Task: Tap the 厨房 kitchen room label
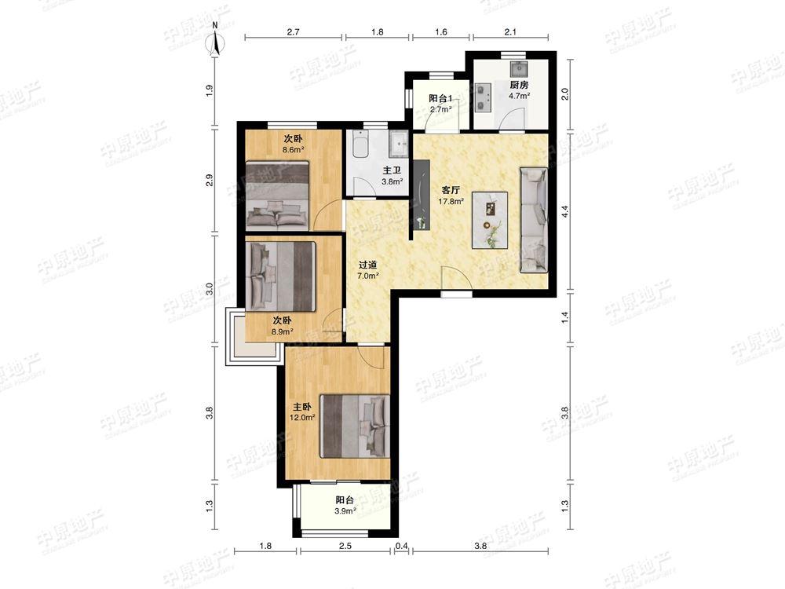click(519, 85)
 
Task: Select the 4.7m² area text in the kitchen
click(519, 96)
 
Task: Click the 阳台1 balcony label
click(440, 98)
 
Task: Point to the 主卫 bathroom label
click(392, 171)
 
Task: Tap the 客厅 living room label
click(451, 191)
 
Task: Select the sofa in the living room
click(534, 221)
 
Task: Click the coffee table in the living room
click(490, 221)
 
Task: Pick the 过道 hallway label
click(367, 265)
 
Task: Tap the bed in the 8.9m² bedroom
click(281, 276)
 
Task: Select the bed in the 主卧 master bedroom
click(355, 426)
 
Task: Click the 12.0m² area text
click(302, 417)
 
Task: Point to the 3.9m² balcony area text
click(345, 511)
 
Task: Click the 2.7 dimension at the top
click(294, 32)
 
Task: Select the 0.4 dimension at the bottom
click(401, 546)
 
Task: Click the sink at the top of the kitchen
click(517, 68)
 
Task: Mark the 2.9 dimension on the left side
click(210, 180)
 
